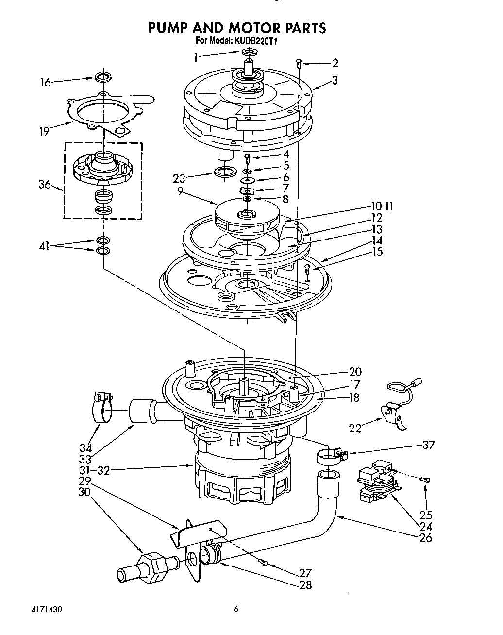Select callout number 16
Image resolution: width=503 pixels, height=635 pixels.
45,82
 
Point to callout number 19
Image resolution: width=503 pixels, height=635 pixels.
44,131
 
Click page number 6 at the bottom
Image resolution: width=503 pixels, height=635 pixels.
235,609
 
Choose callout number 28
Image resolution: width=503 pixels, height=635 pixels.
305,585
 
